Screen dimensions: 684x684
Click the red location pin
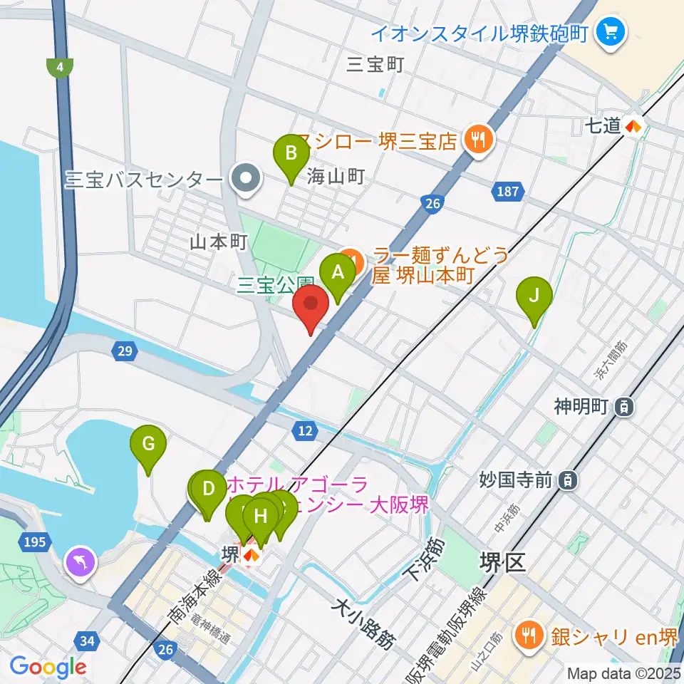click(311, 309)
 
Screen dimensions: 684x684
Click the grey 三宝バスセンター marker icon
click(246, 178)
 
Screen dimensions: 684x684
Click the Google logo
click(48, 667)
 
